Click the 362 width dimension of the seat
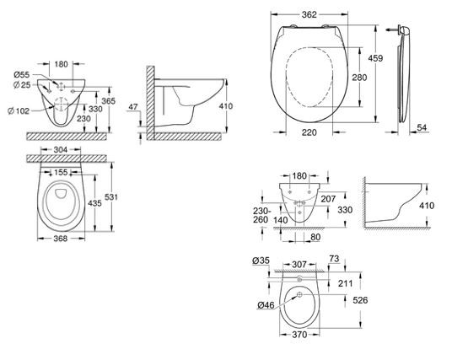pyautogui.click(x=309, y=14)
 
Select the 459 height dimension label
pyautogui.click(x=375, y=58)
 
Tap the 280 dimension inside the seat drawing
pyautogui.click(x=359, y=78)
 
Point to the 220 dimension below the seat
pyautogui.click(x=309, y=132)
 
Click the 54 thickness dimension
pyautogui.click(x=422, y=127)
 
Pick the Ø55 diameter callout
pyautogui.click(x=22, y=75)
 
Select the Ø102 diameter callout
pyautogui.click(x=19, y=110)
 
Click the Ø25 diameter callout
pyautogui.click(x=22, y=85)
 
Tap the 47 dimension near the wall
pyautogui.click(x=133, y=106)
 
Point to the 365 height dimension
pyautogui.click(x=108, y=101)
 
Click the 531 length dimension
pyautogui.click(x=111, y=196)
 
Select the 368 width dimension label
pyautogui.click(x=61, y=239)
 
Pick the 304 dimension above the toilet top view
pyautogui.click(x=61, y=149)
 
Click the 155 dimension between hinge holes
pyautogui.click(x=61, y=172)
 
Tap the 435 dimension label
pyautogui.click(x=94, y=203)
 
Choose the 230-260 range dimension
pyautogui.click(x=261, y=215)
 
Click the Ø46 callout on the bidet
pyautogui.click(x=266, y=304)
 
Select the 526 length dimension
pyautogui.click(x=360, y=300)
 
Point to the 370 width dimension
pyautogui.click(x=299, y=335)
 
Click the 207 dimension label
pyautogui.click(x=328, y=199)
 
